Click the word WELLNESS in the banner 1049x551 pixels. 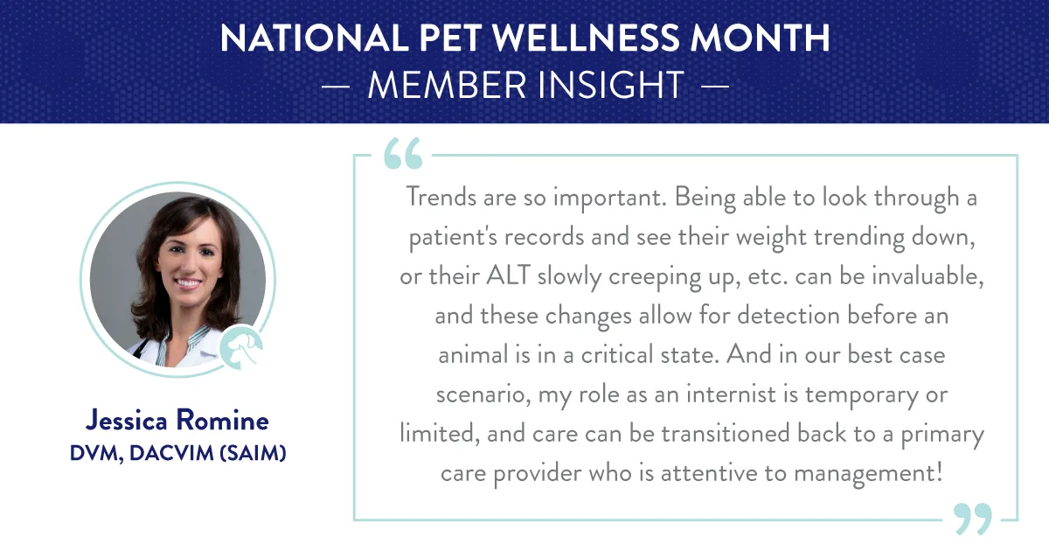click(x=586, y=38)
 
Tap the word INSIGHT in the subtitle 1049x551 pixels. click(x=611, y=86)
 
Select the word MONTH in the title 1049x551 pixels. click(x=760, y=38)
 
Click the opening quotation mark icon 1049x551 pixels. click(x=403, y=153)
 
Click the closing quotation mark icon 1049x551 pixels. click(x=973, y=519)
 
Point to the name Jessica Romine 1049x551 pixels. click(x=177, y=420)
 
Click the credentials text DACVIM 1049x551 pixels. click(x=171, y=453)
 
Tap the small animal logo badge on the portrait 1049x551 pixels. click(x=241, y=347)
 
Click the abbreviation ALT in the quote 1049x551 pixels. click(x=508, y=275)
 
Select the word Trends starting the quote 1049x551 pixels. click(x=441, y=197)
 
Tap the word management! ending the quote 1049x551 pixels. click(x=868, y=473)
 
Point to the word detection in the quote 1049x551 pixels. click(x=788, y=315)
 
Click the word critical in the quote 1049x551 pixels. click(x=617, y=354)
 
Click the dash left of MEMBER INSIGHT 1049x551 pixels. click(x=336, y=87)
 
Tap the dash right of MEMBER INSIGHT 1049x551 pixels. click(x=715, y=87)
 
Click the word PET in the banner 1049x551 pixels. click(x=450, y=38)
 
